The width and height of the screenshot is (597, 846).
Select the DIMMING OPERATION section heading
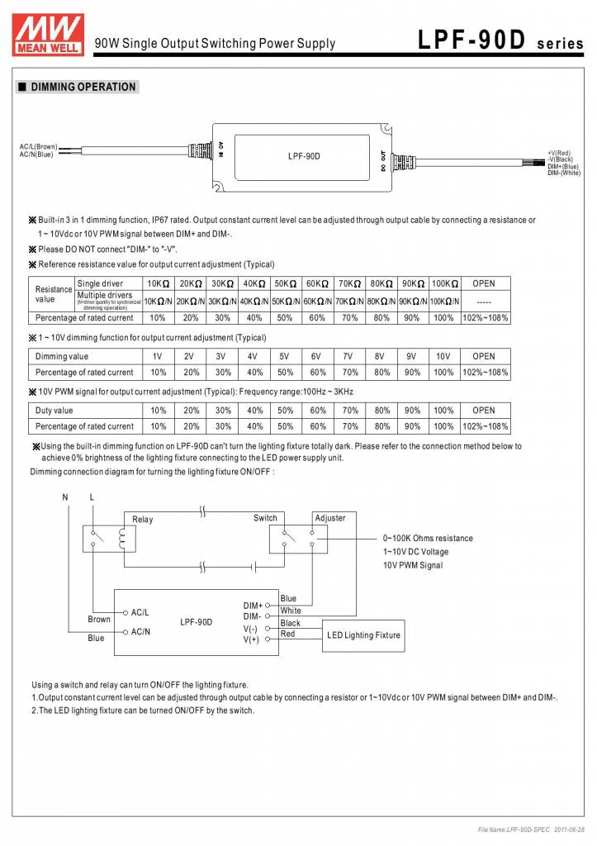click(83, 87)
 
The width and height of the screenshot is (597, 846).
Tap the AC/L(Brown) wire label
click(38, 147)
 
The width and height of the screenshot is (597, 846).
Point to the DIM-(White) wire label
click(564, 173)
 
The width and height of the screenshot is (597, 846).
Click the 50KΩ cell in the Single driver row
click(287, 283)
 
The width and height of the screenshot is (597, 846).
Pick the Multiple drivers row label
click(104, 295)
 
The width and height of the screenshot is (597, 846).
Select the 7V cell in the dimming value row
click(350, 356)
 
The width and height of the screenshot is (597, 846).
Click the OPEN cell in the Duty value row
click(484, 410)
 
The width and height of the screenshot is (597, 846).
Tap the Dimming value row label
click(62, 356)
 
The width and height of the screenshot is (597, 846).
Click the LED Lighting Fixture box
click(363, 635)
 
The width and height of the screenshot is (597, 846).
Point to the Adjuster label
click(330, 518)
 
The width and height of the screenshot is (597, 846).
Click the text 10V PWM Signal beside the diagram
click(412, 565)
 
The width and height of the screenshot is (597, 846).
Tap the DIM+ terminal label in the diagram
click(253, 606)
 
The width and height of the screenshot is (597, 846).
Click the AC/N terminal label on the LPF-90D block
click(140, 631)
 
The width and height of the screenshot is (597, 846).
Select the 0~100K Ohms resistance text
click(428, 538)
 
